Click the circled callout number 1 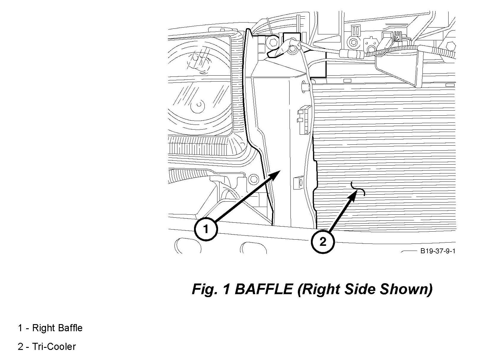tap(206, 229)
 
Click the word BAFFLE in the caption tap(263, 289)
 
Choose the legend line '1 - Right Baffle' tap(50, 328)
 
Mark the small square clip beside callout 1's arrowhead tap(298, 183)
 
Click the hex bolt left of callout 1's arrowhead tap(254, 179)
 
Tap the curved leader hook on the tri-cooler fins tap(358, 189)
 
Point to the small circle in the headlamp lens tap(198, 106)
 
